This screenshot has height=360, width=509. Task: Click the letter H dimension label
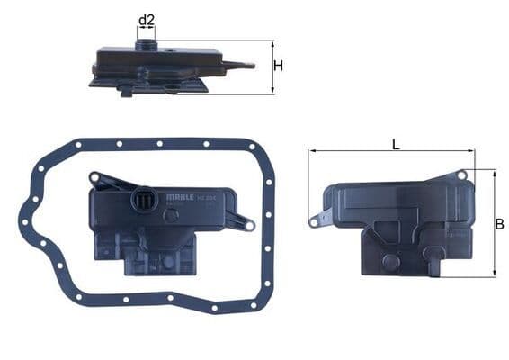279,66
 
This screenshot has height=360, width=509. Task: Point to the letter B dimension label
499,224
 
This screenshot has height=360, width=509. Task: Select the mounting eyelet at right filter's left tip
314,221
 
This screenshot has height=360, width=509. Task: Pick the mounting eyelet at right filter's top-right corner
462,175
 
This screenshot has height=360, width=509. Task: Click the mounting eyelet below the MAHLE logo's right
249,225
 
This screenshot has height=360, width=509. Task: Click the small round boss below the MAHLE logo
170,215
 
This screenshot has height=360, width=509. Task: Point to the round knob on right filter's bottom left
389,261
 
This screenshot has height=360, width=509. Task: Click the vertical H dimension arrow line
272,67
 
